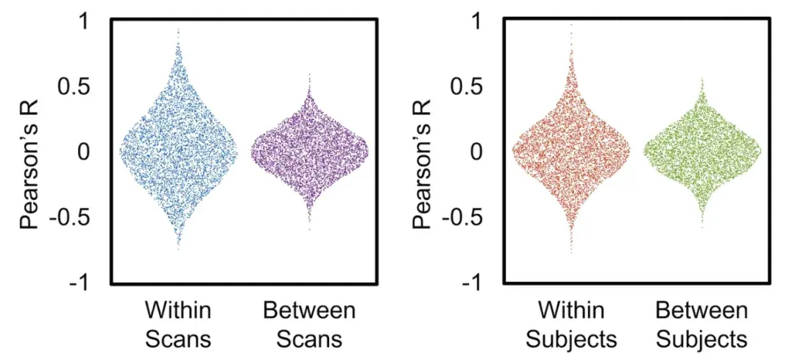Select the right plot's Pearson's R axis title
(x=423, y=152)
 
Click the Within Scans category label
(x=178, y=324)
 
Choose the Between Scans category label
(x=309, y=324)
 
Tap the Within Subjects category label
(x=571, y=324)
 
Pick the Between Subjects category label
(x=702, y=324)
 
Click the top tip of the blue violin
(x=178, y=29)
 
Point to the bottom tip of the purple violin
(x=309, y=230)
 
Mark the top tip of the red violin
(x=571, y=24)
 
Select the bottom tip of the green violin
(x=702, y=227)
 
